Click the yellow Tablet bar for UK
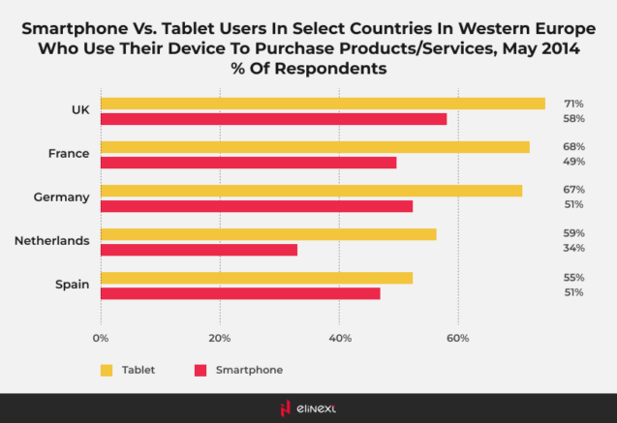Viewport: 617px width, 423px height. (x=323, y=104)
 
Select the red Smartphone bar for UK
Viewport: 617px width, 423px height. (x=274, y=118)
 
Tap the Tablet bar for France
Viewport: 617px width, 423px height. (x=315, y=147)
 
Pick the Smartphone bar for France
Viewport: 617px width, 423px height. (x=249, y=162)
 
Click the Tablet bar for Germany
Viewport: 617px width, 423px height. (x=311, y=191)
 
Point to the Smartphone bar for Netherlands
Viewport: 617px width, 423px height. (x=199, y=250)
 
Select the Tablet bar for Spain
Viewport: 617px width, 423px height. (x=257, y=278)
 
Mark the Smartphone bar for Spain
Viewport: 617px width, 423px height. (x=240, y=293)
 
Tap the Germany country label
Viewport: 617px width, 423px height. (x=61, y=196)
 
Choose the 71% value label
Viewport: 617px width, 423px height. (x=573, y=104)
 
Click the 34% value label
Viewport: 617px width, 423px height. (x=573, y=249)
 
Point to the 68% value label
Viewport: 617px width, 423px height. (x=573, y=147)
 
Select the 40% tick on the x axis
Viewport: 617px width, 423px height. (x=339, y=339)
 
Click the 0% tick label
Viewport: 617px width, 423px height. (x=101, y=339)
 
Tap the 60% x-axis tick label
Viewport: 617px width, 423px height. (x=458, y=339)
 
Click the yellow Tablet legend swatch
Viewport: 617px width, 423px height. (x=107, y=370)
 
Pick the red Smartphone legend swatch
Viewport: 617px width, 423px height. (x=201, y=370)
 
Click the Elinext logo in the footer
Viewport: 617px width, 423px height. (x=308, y=408)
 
